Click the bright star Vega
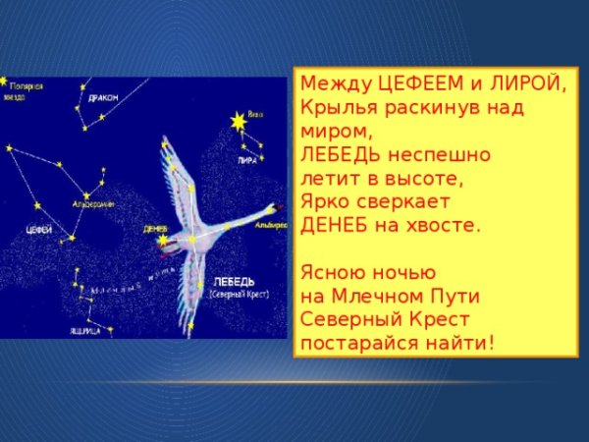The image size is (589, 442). tap(237, 121)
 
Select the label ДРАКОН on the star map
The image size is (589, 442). tap(102, 98)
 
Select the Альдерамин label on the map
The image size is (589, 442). tap(94, 203)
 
